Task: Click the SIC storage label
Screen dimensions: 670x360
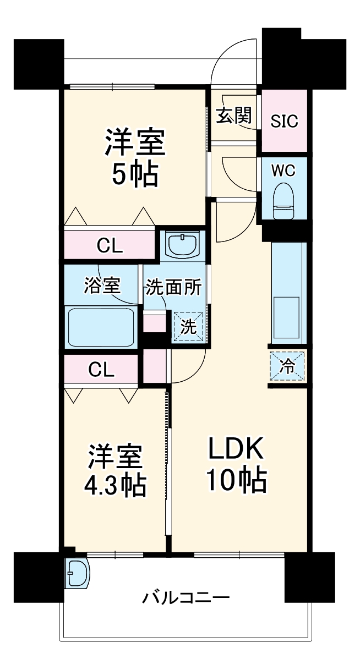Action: (283, 120)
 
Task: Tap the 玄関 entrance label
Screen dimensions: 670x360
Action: (234, 116)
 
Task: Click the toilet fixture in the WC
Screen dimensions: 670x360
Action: (283, 201)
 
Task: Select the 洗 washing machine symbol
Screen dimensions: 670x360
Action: (189, 327)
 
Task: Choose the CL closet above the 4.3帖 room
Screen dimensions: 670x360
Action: (102, 370)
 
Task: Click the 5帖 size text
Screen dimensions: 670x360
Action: (134, 174)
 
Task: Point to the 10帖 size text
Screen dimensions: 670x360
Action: (237, 482)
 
